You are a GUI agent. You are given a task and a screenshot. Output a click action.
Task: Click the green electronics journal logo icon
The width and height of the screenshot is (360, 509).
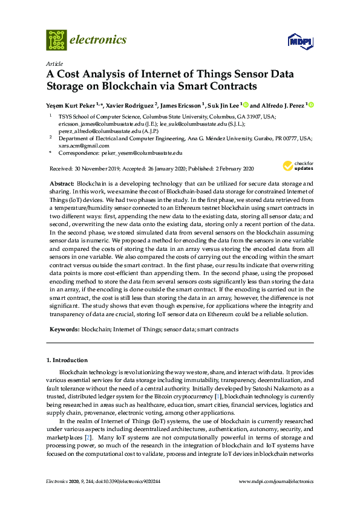pyautogui.click(x=56, y=40)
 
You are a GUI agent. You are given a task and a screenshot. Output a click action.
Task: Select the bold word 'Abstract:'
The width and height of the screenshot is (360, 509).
pyautogui.click(x=62, y=183)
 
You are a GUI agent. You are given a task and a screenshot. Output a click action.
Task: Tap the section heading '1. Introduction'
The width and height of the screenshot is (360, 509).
pyautogui.click(x=67, y=360)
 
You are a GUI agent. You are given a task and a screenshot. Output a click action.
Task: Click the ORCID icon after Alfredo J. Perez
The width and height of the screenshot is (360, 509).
pyautogui.click(x=311, y=104)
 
